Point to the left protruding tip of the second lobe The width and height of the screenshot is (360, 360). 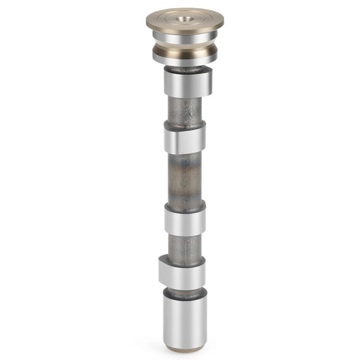pos(165,140)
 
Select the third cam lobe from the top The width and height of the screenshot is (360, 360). pos(184,220)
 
